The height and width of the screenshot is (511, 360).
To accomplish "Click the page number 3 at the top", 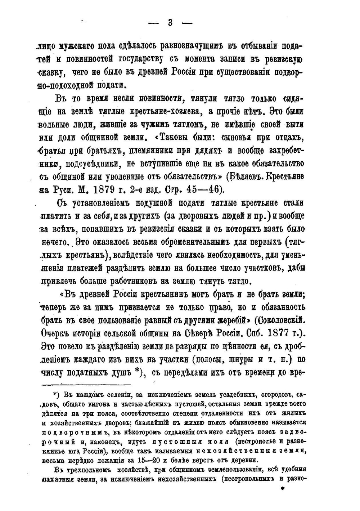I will tap(170, 23).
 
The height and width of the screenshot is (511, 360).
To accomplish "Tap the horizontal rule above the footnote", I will tap(85, 384).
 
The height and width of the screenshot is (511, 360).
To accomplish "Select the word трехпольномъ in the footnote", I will tap(88, 470).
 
